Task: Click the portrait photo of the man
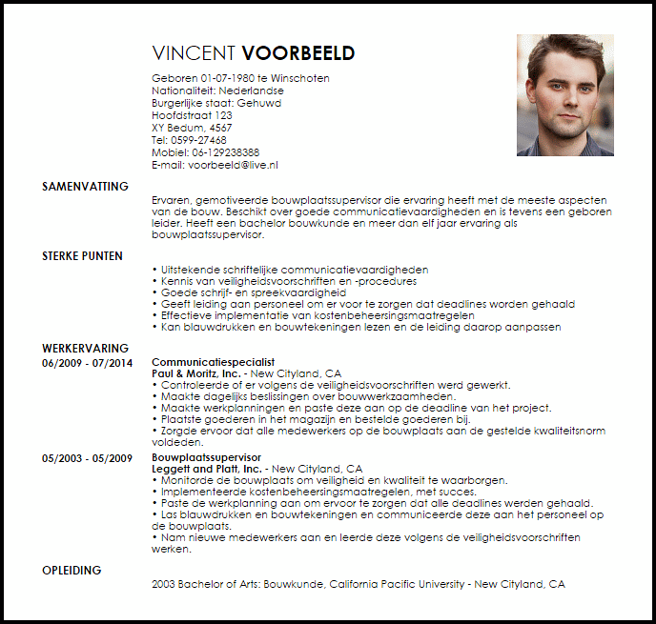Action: pyautogui.click(x=564, y=94)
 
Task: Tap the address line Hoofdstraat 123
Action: pyautogui.click(x=192, y=115)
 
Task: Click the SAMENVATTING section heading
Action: pyautogui.click(x=85, y=187)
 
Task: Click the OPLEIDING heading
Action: pyautogui.click(x=72, y=571)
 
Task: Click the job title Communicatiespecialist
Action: pyautogui.click(x=213, y=363)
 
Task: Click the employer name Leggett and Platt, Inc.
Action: pyautogui.click(x=206, y=470)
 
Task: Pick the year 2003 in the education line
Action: pyautogui.click(x=164, y=584)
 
